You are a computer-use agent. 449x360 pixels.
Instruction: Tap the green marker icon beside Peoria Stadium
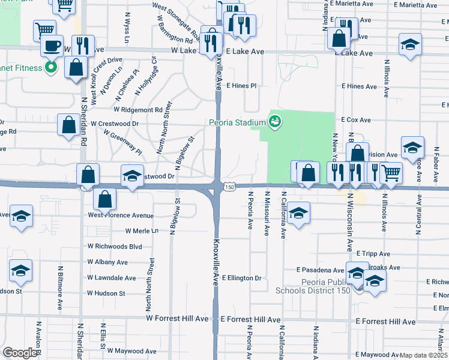click(275, 122)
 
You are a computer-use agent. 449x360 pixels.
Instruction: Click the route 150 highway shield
click(229, 188)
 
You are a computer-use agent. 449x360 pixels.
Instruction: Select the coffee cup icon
click(52, 46)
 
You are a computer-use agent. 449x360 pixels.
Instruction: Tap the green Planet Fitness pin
click(52, 68)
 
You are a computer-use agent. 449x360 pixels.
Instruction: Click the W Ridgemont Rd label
click(138, 110)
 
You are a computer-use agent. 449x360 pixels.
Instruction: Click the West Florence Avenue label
click(121, 215)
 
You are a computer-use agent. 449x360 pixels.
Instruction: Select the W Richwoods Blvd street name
click(115, 247)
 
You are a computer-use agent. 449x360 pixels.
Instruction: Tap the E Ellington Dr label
click(242, 278)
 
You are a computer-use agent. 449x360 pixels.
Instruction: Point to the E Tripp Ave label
click(373, 254)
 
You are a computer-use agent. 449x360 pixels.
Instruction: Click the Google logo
click(20, 353)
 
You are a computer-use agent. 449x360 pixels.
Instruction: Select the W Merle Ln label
click(142, 231)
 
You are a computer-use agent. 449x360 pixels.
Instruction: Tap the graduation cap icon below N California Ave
click(298, 214)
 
